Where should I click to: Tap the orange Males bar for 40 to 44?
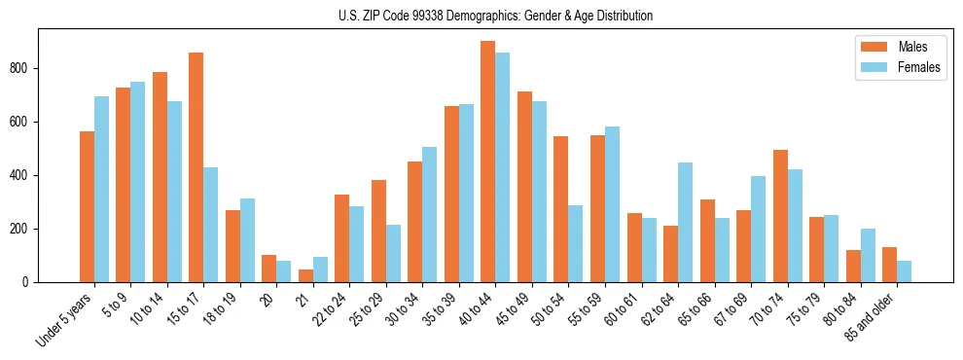tap(488, 162)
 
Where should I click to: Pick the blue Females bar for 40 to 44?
tap(503, 167)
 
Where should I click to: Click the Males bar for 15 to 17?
tap(196, 167)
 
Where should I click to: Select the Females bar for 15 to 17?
tap(211, 225)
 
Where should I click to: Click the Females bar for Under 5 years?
tap(101, 190)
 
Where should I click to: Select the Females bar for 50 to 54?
tap(576, 244)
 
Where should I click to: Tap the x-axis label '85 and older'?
tap(872, 316)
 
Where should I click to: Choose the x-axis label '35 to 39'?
tap(441, 310)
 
